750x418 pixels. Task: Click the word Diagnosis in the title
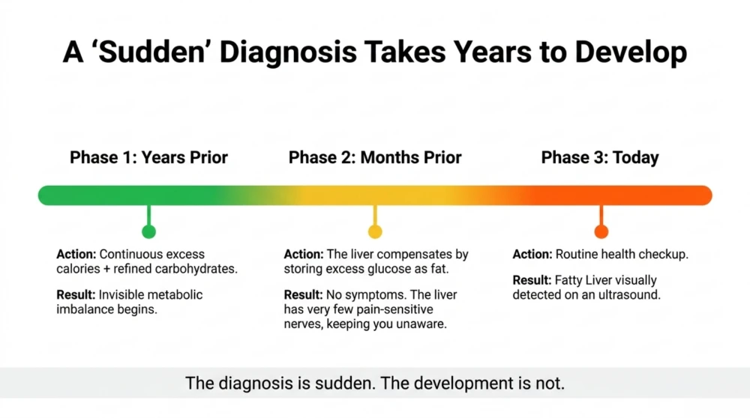[x=288, y=52]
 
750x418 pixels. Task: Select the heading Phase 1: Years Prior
[x=148, y=157]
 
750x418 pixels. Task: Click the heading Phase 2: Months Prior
[x=375, y=157]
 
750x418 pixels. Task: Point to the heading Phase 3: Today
[x=600, y=157]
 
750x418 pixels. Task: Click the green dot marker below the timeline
[x=148, y=231]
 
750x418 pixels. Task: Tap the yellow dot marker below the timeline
[x=375, y=231]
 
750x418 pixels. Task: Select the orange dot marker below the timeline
[x=601, y=231]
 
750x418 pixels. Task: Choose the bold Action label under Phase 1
[x=76, y=254]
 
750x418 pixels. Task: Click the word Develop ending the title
[x=631, y=52]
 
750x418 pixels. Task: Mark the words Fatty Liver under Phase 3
[x=580, y=280]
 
